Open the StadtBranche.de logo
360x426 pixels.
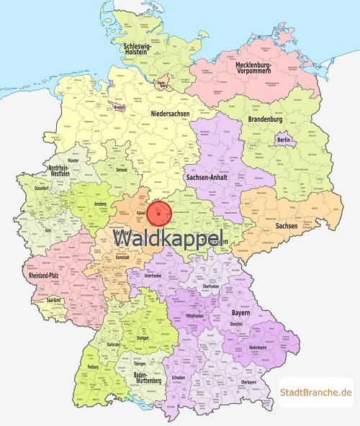[x=316, y=392]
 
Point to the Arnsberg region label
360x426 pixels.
[x=100, y=204]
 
